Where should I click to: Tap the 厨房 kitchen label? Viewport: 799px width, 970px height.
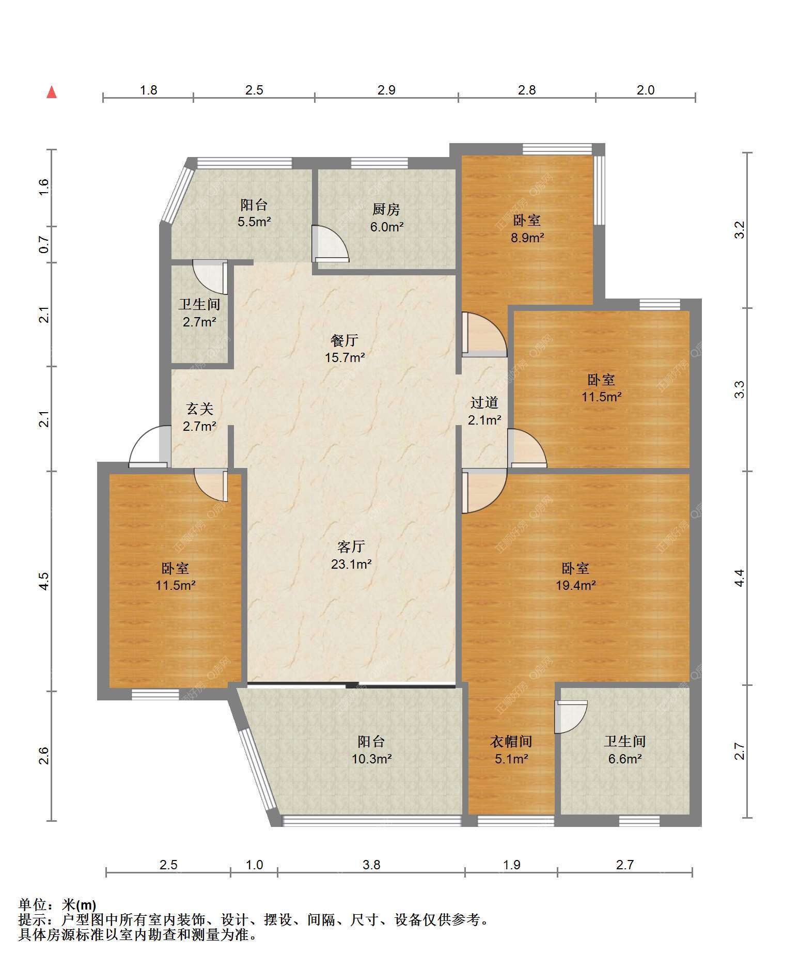pos(386,209)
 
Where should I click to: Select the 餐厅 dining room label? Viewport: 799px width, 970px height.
pos(344,340)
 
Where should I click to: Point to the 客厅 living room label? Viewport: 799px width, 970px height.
pos(351,546)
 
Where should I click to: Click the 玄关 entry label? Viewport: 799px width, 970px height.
pos(199,409)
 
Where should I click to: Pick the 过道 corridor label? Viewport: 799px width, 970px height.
pos(484,402)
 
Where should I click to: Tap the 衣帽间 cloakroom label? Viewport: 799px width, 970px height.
pos(511,742)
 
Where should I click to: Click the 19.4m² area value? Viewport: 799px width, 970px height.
pos(576,585)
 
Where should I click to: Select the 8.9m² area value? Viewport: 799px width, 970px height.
pos(527,238)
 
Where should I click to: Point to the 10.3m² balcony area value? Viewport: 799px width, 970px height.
pos(371,759)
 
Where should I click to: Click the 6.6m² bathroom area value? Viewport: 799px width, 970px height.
pos(625,759)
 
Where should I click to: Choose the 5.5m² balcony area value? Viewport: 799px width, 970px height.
pos(254,222)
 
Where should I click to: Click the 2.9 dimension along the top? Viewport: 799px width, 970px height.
pos(386,90)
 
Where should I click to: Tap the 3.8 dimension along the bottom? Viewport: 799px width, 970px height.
pos(371,865)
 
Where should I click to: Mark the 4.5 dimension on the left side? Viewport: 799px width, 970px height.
pos(45,581)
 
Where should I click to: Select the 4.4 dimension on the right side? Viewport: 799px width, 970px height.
pos(740,577)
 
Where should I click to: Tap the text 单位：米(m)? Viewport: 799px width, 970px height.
pos(57,905)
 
